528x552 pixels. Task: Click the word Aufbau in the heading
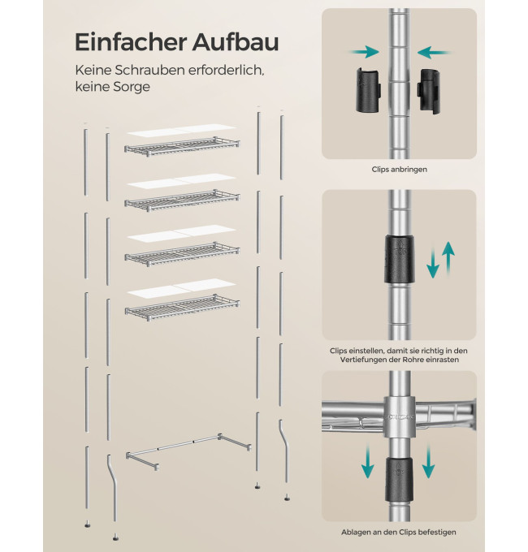(x=236, y=42)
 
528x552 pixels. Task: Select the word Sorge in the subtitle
(x=131, y=87)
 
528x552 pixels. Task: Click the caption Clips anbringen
(x=399, y=170)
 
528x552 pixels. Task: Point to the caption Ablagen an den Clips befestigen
(x=398, y=532)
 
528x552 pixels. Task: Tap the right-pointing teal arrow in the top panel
(x=364, y=52)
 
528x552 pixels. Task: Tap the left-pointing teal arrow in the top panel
(x=434, y=53)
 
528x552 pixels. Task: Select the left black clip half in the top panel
(x=369, y=91)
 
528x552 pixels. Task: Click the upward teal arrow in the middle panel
(x=448, y=257)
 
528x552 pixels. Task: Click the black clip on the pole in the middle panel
(x=399, y=259)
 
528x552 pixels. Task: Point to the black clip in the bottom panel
(x=399, y=480)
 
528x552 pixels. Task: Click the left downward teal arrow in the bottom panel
(x=368, y=461)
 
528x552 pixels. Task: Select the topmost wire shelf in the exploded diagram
(x=182, y=146)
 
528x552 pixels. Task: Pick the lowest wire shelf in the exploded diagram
(x=182, y=304)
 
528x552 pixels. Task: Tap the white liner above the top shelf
(x=181, y=130)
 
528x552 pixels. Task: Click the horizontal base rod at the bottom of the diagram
(x=188, y=451)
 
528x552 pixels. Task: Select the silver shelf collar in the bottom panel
(x=399, y=417)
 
